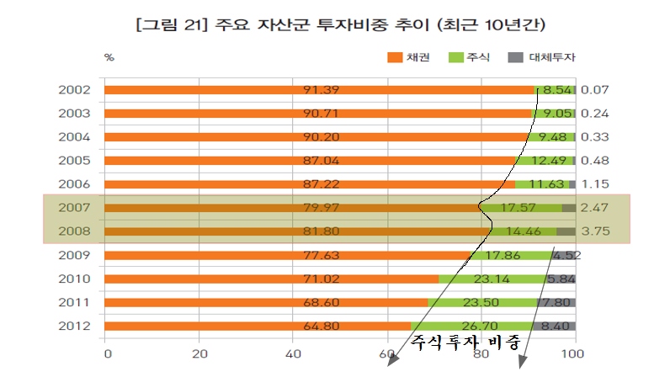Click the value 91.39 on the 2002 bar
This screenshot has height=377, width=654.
(322, 90)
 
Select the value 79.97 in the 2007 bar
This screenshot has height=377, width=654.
(322, 208)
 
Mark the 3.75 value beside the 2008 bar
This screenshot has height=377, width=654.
(595, 231)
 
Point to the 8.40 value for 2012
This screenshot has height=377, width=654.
(556, 326)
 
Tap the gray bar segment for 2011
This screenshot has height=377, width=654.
(557, 302)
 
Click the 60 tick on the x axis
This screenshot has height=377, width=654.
(387, 354)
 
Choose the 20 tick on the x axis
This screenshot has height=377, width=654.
(199, 354)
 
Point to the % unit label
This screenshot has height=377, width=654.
(109, 57)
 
